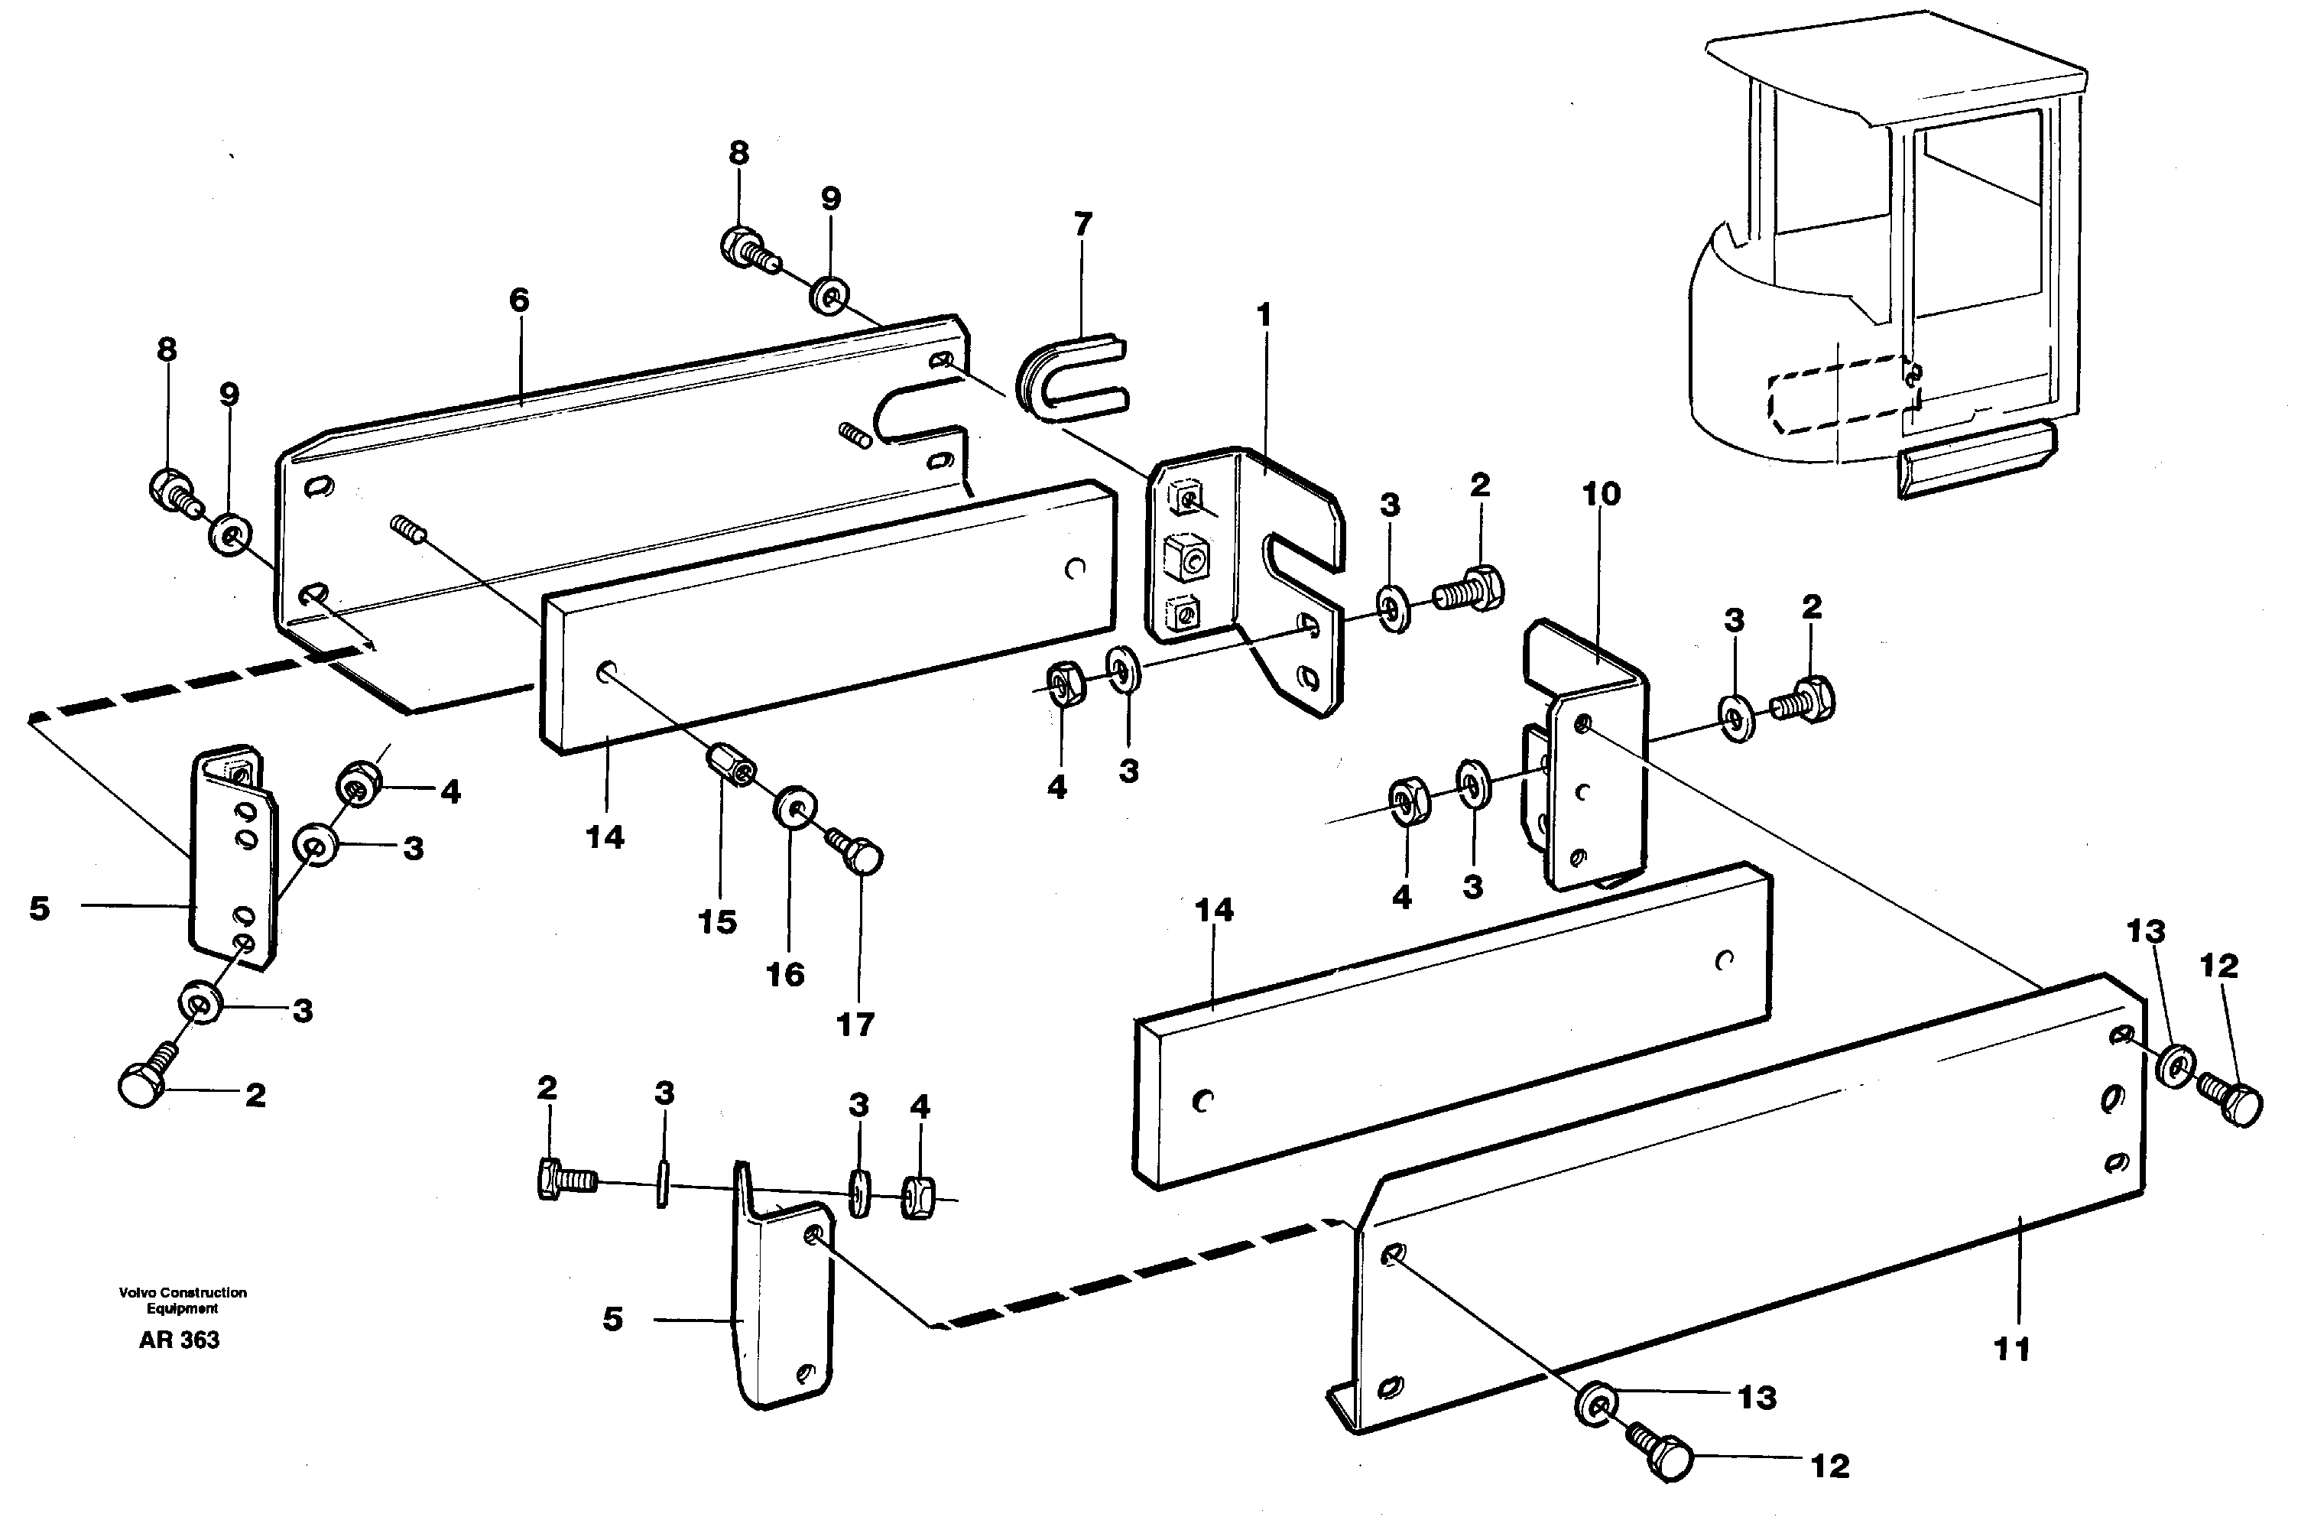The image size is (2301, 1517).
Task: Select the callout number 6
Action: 519,300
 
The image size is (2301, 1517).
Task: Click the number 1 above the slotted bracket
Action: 1263,315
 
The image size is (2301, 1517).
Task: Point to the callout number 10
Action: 1601,495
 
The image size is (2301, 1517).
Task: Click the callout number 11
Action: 2012,1349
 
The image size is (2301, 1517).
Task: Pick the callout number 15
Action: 717,922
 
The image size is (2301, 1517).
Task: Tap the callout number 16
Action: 784,974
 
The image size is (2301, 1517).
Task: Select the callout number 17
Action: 855,1024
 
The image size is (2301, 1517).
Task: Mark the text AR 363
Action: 179,1340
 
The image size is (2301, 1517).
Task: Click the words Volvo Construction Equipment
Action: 183,1301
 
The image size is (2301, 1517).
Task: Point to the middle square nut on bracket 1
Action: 1186,558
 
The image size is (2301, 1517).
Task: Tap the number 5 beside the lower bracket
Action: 612,1320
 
